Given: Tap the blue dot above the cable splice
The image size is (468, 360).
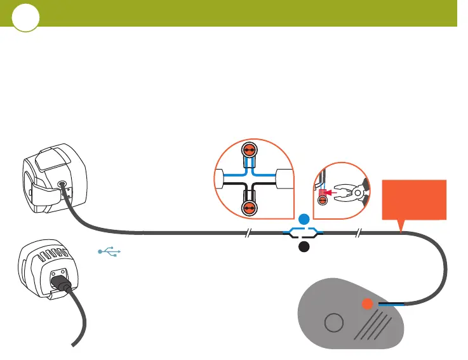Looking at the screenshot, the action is pos(304,219).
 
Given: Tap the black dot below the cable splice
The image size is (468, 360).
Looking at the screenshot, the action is pos(304,248).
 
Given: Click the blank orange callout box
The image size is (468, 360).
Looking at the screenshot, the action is pos(414,201).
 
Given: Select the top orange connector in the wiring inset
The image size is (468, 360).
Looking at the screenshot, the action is pos(249,150).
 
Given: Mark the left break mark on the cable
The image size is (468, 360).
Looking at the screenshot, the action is pos(249,233).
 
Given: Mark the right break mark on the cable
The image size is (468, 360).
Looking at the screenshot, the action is pos(358,233).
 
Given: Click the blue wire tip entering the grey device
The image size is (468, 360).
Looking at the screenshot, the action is pos(388,304).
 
